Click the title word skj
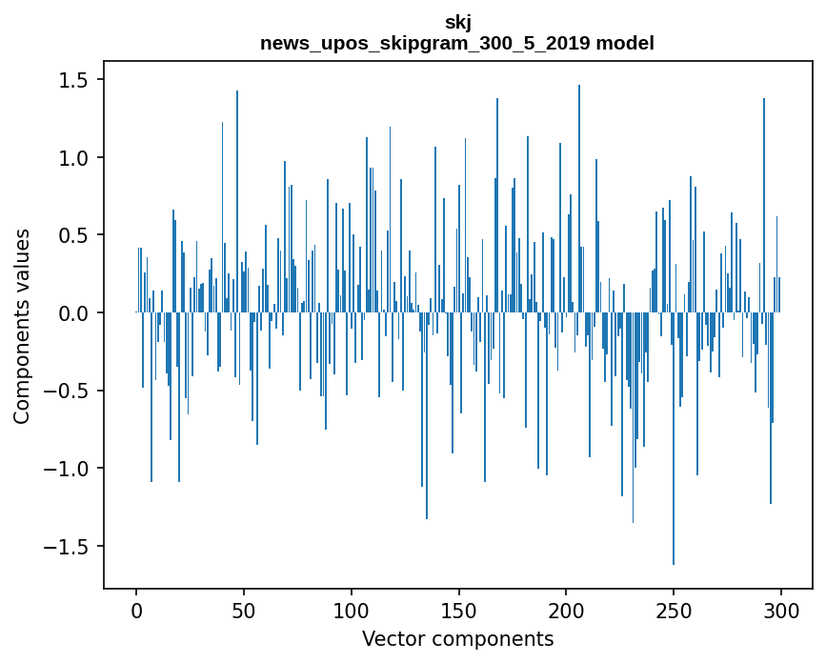click(457, 23)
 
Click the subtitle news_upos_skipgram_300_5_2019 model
click(457, 43)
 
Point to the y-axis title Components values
click(21, 326)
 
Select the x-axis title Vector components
click(457, 638)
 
